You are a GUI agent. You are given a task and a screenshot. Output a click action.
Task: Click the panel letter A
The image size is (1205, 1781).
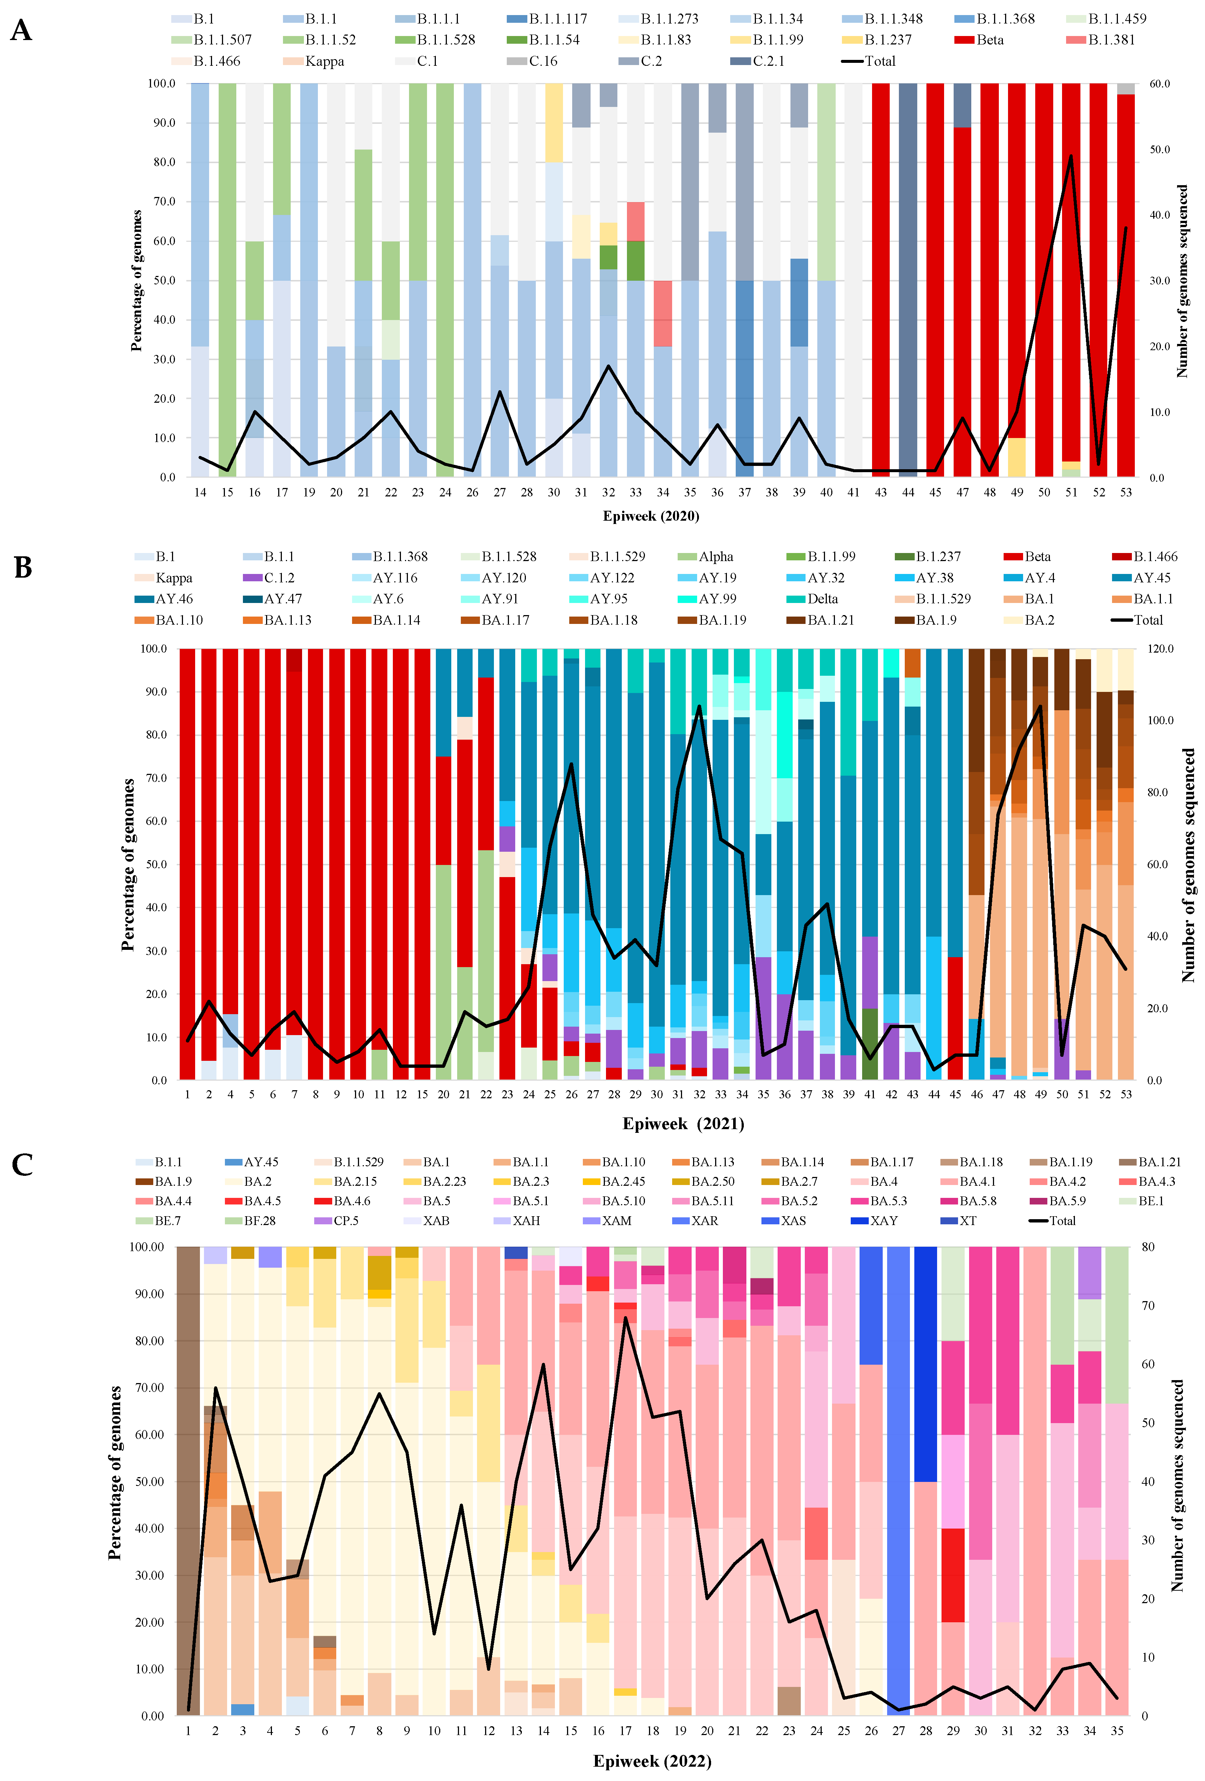coord(21,30)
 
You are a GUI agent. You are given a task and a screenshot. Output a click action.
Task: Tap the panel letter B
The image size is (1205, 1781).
coord(23,568)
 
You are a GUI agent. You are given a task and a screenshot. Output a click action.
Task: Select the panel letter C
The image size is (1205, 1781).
coord(22,1165)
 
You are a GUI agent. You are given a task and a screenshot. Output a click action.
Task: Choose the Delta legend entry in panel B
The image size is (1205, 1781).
coord(822,599)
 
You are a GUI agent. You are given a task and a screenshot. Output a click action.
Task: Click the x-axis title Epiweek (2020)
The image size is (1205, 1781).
coord(651,516)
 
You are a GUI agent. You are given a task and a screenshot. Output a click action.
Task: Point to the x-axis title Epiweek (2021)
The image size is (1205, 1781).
coord(683,1124)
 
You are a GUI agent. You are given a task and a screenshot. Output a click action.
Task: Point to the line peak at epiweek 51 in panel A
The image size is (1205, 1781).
coord(1071,156)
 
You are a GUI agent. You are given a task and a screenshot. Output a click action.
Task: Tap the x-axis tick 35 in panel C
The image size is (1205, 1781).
coord(1117,1730)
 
